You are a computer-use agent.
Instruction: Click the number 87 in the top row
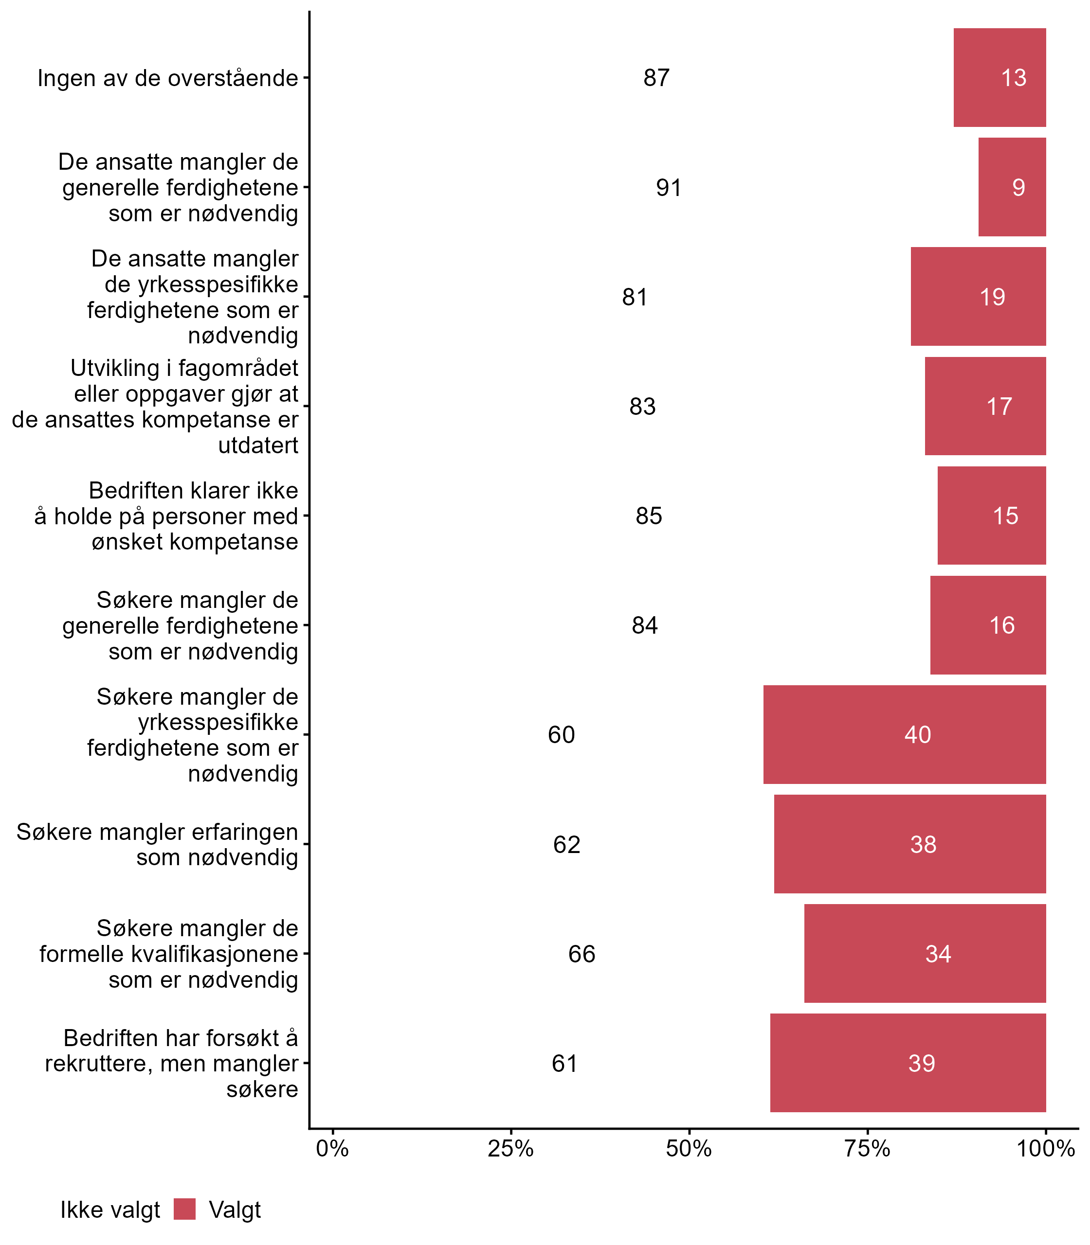pyautogui.click(x=656, y=78)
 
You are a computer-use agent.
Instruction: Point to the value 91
pyautogui.click(x=669, y=187)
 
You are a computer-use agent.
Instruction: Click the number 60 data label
pyautogui.click(x=561, y=734)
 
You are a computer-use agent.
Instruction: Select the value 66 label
pyautogui.click(x=581, y=953)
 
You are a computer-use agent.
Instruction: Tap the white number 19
pyautogui.click(x=992, y=297)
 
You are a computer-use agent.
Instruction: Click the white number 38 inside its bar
pyautogui.click(x=923, y=844)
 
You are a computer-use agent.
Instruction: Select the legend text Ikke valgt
pyautogui.click(x=110, y=1210)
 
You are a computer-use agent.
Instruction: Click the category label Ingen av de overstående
pyautogui.click(x=168, y=78)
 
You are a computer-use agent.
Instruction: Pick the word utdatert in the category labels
pyautogui.click(x=258, y=445)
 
